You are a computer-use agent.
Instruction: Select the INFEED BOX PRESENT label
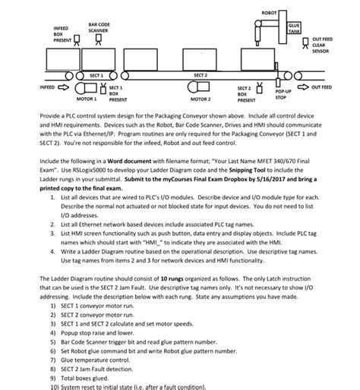[x=62, y=34]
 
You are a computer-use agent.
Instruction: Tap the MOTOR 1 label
[x=87, y=99]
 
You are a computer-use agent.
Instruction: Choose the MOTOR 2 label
[x=201, y=99]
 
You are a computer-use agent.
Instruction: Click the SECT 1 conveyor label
[x=96, y=75]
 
